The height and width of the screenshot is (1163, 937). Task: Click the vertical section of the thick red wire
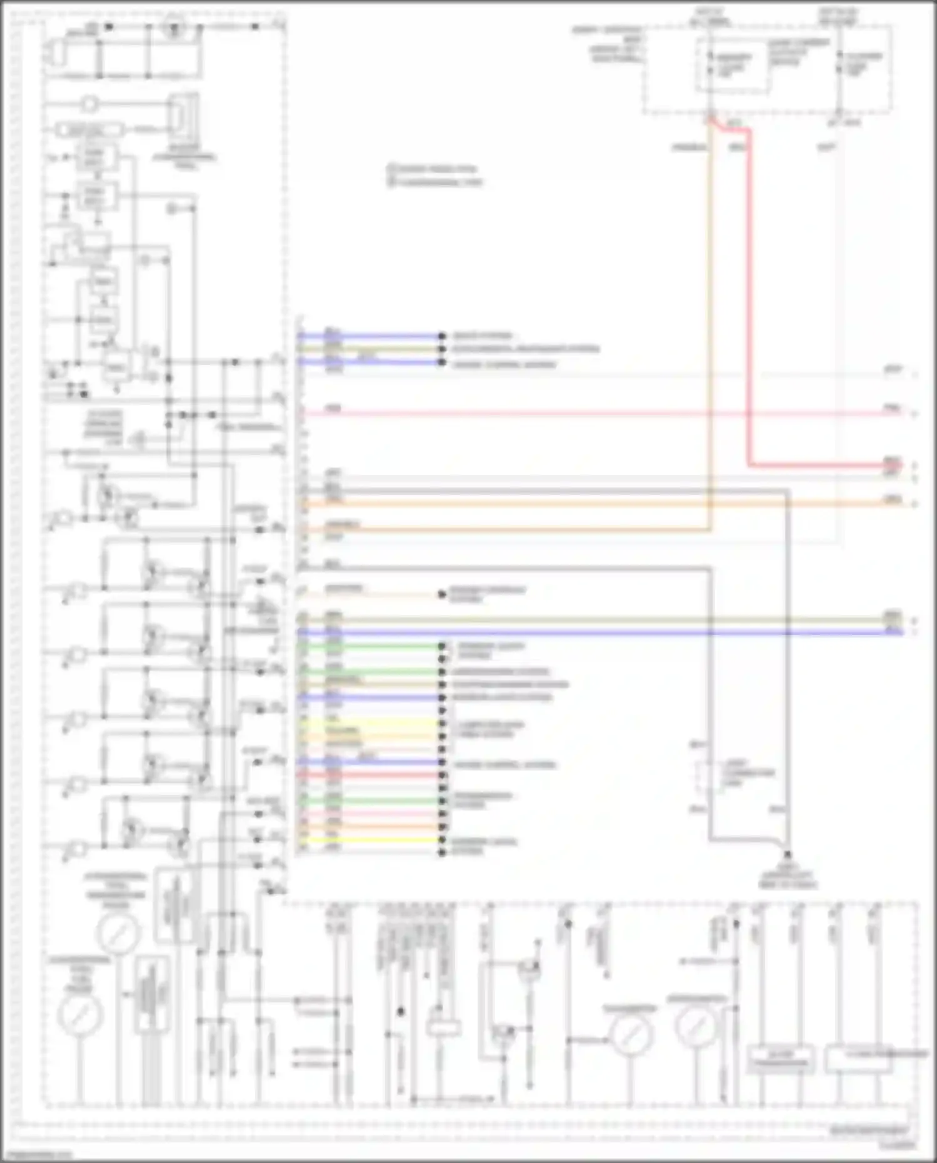click(x=748, y=300)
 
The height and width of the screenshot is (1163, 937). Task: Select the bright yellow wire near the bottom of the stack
click(x=375, y=840)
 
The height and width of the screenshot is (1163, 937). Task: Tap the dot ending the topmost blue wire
click(x=442, y=336)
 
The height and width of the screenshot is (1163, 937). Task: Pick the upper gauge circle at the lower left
click(x=117, y=932)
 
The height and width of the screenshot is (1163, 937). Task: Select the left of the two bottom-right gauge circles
click(x=632, y=1035)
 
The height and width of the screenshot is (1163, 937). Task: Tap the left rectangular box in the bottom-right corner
click(x=781, y=1059)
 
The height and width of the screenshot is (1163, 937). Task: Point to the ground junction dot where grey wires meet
click(x=787, y=854)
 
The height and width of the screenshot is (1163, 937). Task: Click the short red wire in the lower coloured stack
click(x=375, y=775)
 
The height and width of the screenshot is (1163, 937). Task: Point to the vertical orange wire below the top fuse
click(x=709, y=312)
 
